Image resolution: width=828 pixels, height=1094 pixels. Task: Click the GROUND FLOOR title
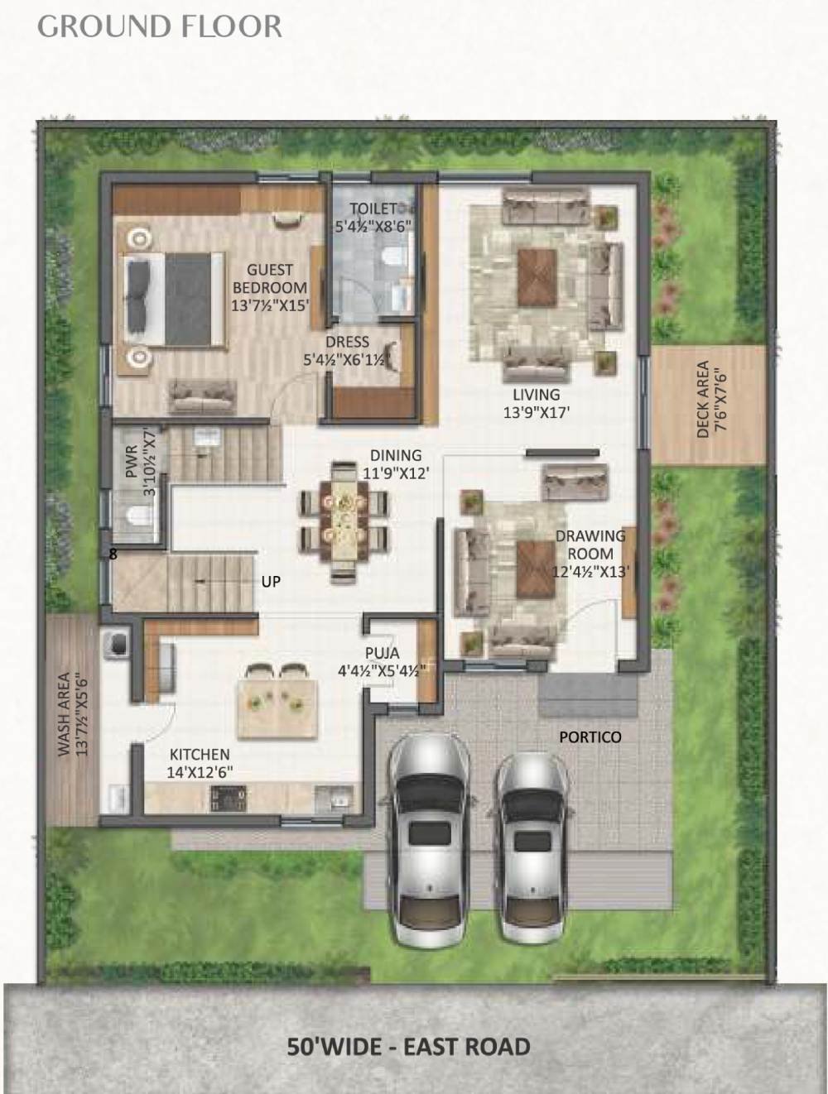(x=160, y=27)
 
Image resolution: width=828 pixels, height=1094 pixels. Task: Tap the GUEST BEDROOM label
(x=270, y=288)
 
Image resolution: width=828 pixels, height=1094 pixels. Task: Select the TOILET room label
(x=373, y=216)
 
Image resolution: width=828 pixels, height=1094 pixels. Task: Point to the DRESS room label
(x=347, y=350)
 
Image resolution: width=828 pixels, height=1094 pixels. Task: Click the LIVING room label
(x=537, y=403)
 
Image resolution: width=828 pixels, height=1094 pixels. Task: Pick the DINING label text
(x=396, y=464)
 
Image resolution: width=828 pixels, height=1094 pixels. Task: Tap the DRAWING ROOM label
(x=590, y=554)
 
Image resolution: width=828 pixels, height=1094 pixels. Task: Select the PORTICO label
(x=590, y=737)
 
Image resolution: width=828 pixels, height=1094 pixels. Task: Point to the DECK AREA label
(x=711, y=399)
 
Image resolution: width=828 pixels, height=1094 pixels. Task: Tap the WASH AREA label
(x=72, y=714)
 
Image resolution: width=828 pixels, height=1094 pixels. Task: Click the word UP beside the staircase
(x=271, y=582)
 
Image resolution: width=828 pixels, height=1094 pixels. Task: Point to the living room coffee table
(x=537, y=277)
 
